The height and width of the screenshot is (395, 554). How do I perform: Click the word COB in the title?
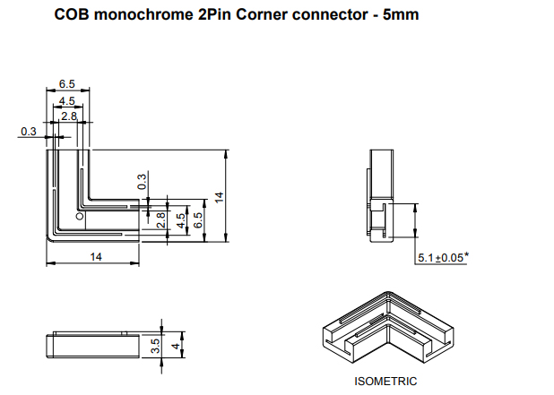coord(70,15)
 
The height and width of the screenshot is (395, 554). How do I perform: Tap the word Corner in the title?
coord(252,15)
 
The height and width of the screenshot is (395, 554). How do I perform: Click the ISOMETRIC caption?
coord(385,381)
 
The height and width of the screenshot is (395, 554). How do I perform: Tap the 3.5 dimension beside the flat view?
coord(155,346)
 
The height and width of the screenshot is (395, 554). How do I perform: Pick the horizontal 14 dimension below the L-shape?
coord(94,256)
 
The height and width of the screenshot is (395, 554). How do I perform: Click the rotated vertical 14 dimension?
coord(219,195)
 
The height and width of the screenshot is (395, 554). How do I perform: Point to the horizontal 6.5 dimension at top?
coord(67,83)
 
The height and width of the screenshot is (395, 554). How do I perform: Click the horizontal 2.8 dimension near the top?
coord(69,116)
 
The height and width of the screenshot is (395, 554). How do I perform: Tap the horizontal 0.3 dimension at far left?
coord(28,132)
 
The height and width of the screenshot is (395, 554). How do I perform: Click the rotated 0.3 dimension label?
coord(142,182)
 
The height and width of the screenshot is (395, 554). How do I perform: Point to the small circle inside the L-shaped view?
coord(80,218)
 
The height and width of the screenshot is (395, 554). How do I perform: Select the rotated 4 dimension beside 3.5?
coord(176,344)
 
